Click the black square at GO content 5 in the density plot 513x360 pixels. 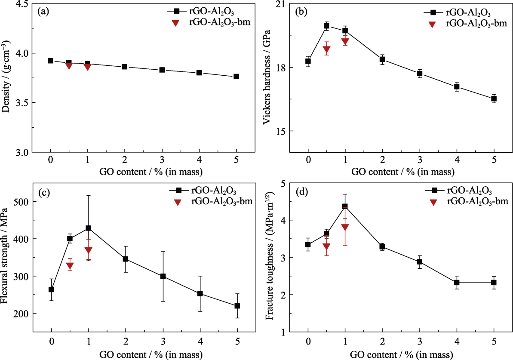236,77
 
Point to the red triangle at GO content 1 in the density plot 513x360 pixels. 88,67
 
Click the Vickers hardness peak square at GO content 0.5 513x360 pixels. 326,26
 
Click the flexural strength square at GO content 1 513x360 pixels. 89,228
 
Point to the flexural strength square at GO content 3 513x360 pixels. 163,276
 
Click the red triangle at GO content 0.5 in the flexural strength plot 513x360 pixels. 70,266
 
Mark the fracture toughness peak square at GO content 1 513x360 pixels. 345,206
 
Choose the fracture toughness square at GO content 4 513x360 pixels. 457,283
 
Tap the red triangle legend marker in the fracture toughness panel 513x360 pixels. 434,202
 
